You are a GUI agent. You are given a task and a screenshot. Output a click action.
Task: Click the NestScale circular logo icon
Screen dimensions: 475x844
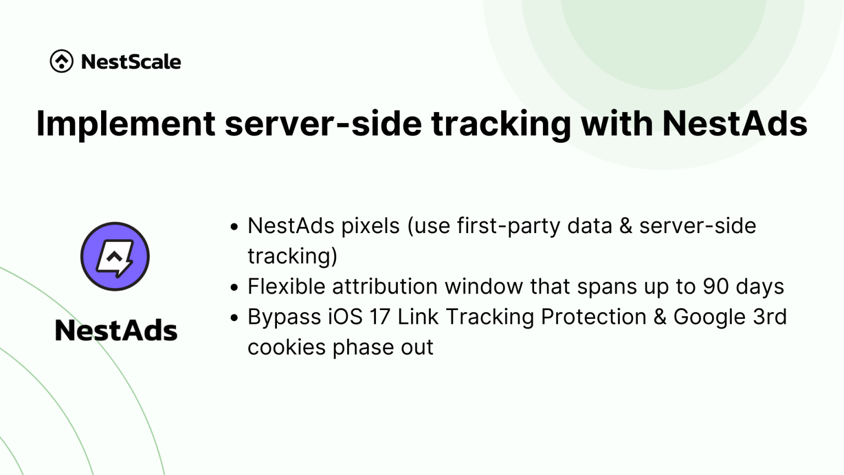(x=62, y=61)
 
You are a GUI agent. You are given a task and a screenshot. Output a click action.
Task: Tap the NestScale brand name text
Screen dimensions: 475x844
(x=131, y=62)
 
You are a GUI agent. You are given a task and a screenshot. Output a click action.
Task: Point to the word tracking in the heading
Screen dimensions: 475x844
(x=501, y=123)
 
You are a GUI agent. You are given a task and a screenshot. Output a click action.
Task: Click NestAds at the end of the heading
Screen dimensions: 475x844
(x=735, y=123)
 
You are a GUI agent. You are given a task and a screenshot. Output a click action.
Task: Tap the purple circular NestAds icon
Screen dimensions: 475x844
(x=115, y=256)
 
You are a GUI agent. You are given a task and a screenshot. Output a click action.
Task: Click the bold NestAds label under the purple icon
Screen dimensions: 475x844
(x=116, y=330)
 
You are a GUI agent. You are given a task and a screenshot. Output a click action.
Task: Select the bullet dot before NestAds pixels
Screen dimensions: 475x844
(x=235, y=227)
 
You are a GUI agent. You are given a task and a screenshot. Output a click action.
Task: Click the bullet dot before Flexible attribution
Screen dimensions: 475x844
(x=235, y=287)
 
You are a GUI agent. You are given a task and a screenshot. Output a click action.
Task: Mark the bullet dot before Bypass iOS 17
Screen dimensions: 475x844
(x=235, y=318)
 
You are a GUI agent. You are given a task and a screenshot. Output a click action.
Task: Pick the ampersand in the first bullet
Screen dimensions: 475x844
(x=625, y=226)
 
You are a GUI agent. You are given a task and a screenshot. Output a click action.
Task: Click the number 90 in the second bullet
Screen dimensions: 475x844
(x=716, y=286)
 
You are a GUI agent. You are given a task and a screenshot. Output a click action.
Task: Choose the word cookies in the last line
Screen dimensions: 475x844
(x=286, y=347)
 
